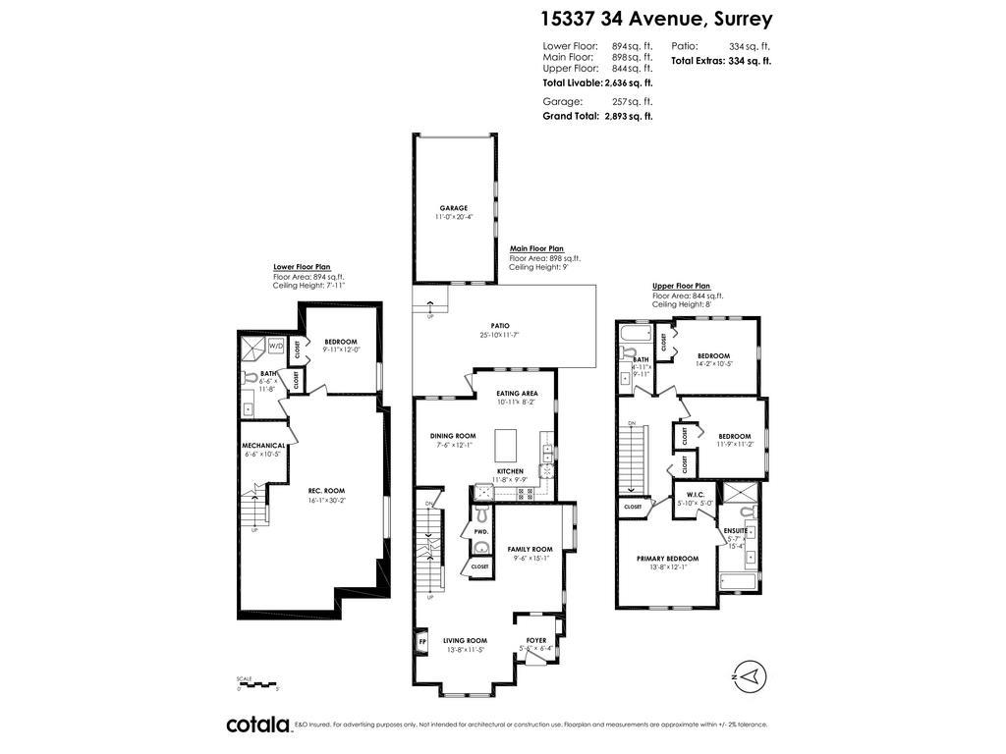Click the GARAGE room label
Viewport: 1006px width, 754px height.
[x=453, y=208]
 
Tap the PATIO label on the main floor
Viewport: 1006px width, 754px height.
[x=500, y=326]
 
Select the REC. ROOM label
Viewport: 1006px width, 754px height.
[x=326, y=491]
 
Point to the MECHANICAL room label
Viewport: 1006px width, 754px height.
[x=264, y=445]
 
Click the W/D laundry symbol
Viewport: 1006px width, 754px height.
[x=276, y=346]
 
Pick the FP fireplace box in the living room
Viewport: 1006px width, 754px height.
[x=422, y=644]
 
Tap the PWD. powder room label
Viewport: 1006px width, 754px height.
[x=481, y=531]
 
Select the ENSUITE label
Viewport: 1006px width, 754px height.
[x=736, y=530]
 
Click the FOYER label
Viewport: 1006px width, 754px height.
[x=536, y=640]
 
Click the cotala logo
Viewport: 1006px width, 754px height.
[x=258, y=725]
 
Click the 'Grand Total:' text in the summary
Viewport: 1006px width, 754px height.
[x=571, y=116]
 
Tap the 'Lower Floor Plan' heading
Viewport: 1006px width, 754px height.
[x=302, y=266]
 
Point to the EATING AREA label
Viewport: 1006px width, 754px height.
[x=517, y=394]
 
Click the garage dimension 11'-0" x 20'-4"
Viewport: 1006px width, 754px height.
[x=453, y=217]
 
